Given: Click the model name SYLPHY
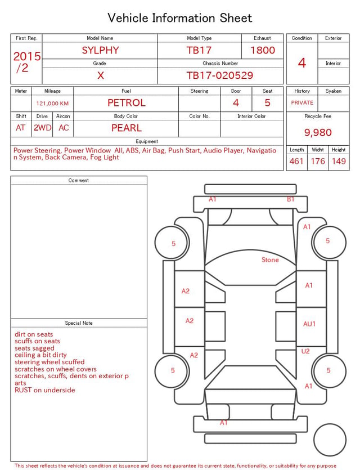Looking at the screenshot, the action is coord(100,50).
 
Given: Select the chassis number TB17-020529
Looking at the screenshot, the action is coord(220,75).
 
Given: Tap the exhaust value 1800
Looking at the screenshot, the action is coord(263,50).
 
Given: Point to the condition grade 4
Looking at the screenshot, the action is coord(302,63).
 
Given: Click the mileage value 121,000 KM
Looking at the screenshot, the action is coord(52,104).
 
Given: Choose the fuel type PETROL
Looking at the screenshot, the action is coord(127,103).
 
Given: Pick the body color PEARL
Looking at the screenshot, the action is coord(127,128).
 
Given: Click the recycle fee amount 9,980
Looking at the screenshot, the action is coord(318,132).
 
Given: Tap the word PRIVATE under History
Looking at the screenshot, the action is coord(302,102).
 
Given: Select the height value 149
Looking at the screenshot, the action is coord(339,161).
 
